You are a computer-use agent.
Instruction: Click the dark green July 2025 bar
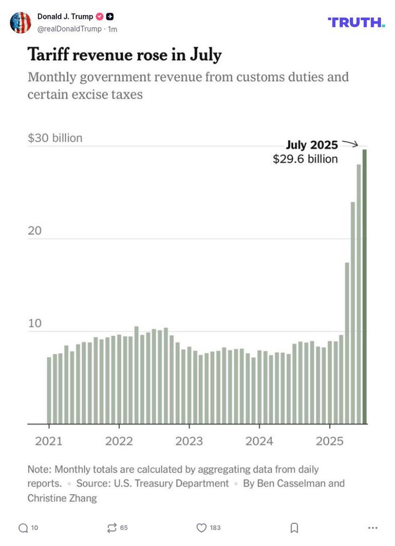364,287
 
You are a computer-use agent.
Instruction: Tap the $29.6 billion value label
305,159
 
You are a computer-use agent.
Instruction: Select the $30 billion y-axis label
55,138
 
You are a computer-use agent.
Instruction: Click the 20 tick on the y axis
35,231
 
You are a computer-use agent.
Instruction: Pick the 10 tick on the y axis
35,324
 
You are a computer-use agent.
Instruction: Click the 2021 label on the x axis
49,441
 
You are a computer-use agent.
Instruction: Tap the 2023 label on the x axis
189,441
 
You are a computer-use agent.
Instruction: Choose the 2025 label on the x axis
330,441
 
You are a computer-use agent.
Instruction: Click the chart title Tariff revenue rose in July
125,55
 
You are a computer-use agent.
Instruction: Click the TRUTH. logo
356,22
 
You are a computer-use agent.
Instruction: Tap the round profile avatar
21,23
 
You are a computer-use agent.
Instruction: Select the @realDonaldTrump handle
69,29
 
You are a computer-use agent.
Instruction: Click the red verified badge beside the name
100,17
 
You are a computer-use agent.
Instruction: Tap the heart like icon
201,528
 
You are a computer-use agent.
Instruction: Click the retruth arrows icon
112,528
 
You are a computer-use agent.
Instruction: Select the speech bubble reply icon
23,528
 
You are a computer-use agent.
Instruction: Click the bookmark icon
294,528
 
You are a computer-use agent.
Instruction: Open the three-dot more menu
373,528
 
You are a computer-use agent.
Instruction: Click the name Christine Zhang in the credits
62,498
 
